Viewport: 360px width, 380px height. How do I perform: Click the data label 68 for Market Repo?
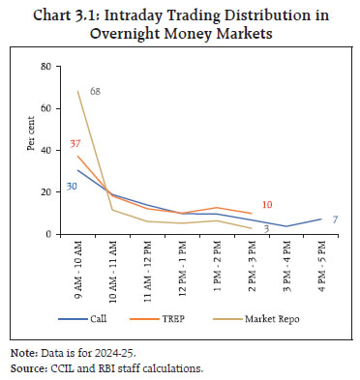[x=96, y=92]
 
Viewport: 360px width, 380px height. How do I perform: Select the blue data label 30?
[x=71, y=186]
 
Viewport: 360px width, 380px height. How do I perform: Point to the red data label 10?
[x=268, y=205]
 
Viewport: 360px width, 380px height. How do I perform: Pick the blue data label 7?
[x=334, y=219]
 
